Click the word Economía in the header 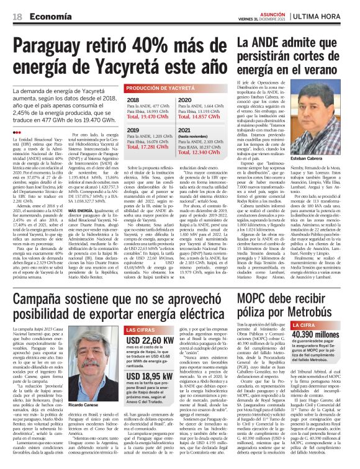pos(46,17)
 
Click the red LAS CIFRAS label pos(141,329)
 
